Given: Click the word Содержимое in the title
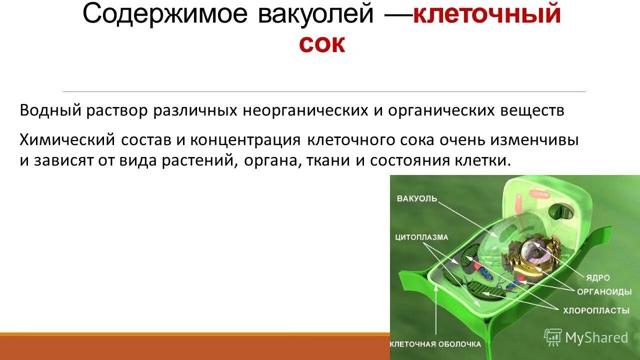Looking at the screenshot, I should coord(164,15).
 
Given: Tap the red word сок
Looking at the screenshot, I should coord(322,44).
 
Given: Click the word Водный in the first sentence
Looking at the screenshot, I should coord(50,110).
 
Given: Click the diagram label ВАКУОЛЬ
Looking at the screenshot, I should coord(417,198).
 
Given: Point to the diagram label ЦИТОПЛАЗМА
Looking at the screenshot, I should coord(421,237).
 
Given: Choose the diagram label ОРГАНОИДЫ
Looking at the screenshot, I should coord(604,291).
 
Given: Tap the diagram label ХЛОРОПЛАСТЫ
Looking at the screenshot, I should coord(596,310).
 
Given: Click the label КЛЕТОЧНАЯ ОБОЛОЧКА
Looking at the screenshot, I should coord(435,344).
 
